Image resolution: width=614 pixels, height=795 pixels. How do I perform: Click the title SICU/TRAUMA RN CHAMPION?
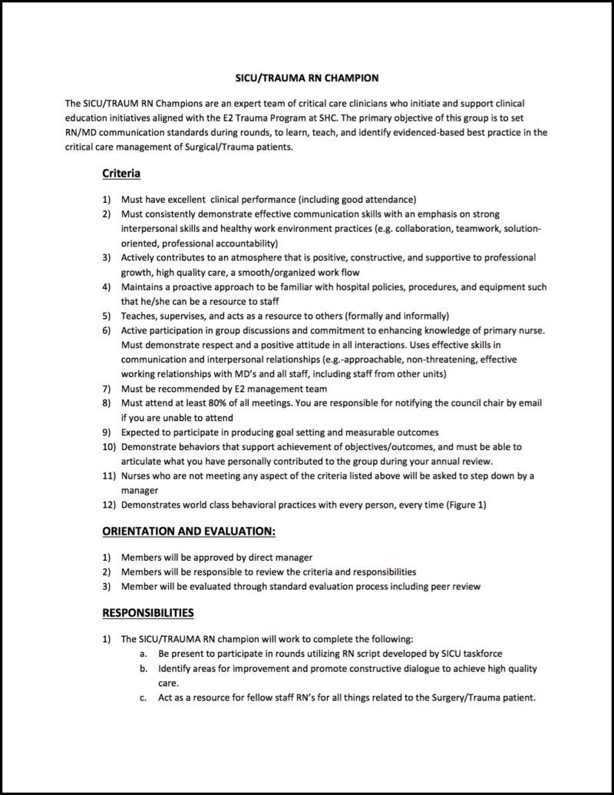(x=306, y=78)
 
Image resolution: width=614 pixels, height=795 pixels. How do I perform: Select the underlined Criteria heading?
(x=120, y=174)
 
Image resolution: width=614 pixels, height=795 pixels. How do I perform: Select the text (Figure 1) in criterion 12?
(x=462, y=504)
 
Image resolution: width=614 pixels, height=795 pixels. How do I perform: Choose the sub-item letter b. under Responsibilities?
(x=143, y=668)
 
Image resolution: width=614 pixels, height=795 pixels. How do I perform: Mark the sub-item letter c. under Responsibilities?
(x=143, y=698)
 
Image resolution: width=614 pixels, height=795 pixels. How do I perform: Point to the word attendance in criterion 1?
(x=388, y=199)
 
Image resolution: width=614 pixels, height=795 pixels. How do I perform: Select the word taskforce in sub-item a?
(x=480, y=654)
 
